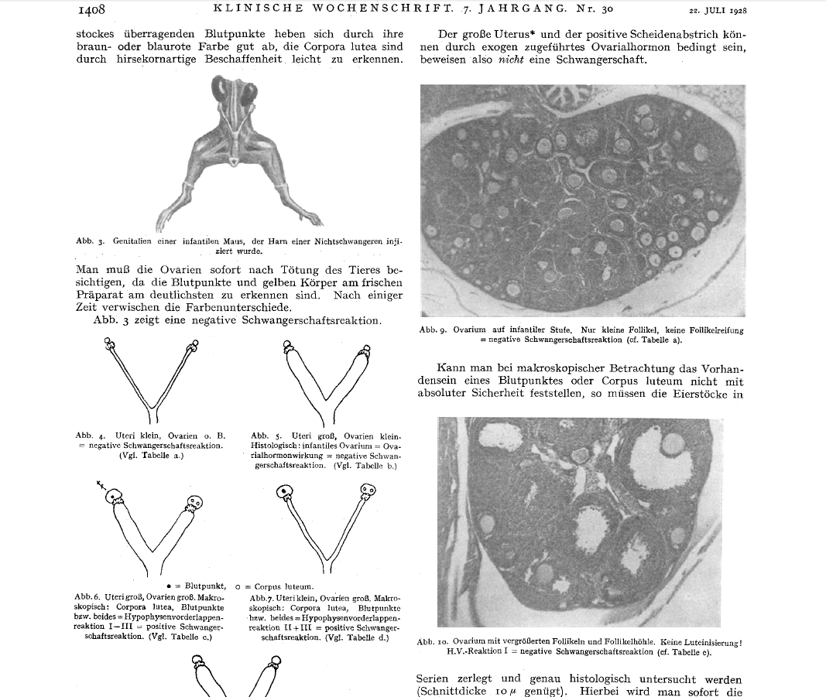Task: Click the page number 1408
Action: [91, 10]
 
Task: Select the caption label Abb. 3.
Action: [90, 241]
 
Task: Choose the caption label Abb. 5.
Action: [266, 436]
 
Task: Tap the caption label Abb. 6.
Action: [88, 597]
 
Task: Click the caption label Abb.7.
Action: [265, 598]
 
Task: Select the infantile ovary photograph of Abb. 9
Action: [582, 201]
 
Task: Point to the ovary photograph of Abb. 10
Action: [579, 521]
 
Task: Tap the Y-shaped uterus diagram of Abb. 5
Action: [325, 382]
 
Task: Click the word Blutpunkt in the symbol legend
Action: [204, 586]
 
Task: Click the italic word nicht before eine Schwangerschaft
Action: [506, 60]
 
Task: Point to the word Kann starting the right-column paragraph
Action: [451, 368]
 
